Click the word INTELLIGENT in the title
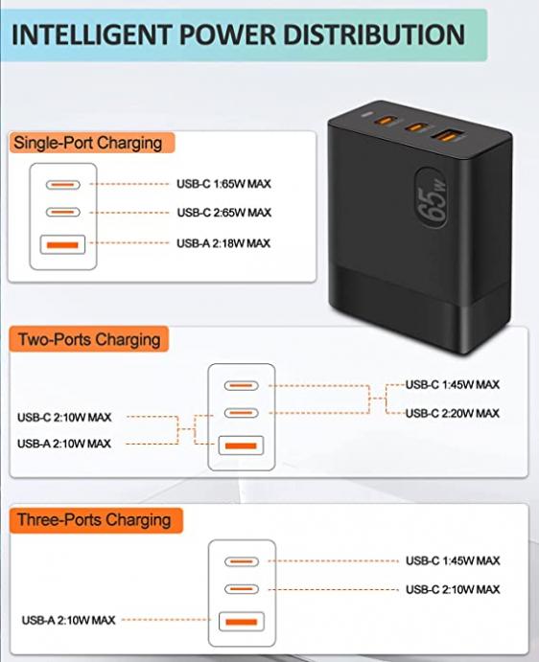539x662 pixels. [x=91, y=34]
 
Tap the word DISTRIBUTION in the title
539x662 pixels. [x=375, y=34]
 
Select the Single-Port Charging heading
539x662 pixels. [x=88, y=143]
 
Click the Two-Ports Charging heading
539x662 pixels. [x=89, y=339]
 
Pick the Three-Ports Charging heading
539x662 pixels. [x=94, y=520]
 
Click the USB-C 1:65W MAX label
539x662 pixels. [x=223, y=184]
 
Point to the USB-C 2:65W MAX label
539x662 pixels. [x=224, y=213]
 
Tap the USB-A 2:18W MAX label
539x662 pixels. [x=223, y=243]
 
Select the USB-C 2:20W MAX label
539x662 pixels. [x=453, y=413]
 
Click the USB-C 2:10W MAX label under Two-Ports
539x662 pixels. [x=64, y=418]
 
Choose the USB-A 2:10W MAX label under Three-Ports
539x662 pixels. [x=68, y=620]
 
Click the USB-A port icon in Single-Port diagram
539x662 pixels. [x=62, y=244]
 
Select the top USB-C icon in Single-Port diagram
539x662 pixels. [x=63, y=185]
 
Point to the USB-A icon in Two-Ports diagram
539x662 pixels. [x=241, y=445]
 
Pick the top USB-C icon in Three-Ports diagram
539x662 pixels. [x=242, y=561]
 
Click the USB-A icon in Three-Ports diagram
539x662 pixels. [x=242, y=622]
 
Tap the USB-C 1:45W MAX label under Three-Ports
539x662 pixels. [x=453, y=560]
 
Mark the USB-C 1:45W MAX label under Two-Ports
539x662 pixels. [x=453, y=384]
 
